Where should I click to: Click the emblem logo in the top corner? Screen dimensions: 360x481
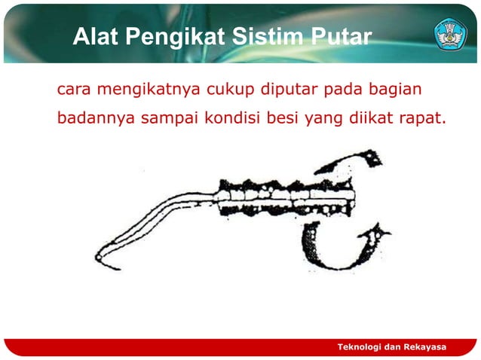click(x=450, y=35)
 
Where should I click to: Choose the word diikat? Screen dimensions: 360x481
click(x=360, y=118)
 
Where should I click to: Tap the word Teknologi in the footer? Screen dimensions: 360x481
click(x=359, y=346)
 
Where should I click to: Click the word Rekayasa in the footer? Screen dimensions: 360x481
click(x=425, y=346)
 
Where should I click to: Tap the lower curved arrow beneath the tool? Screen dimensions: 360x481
click(x=332, y=249)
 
